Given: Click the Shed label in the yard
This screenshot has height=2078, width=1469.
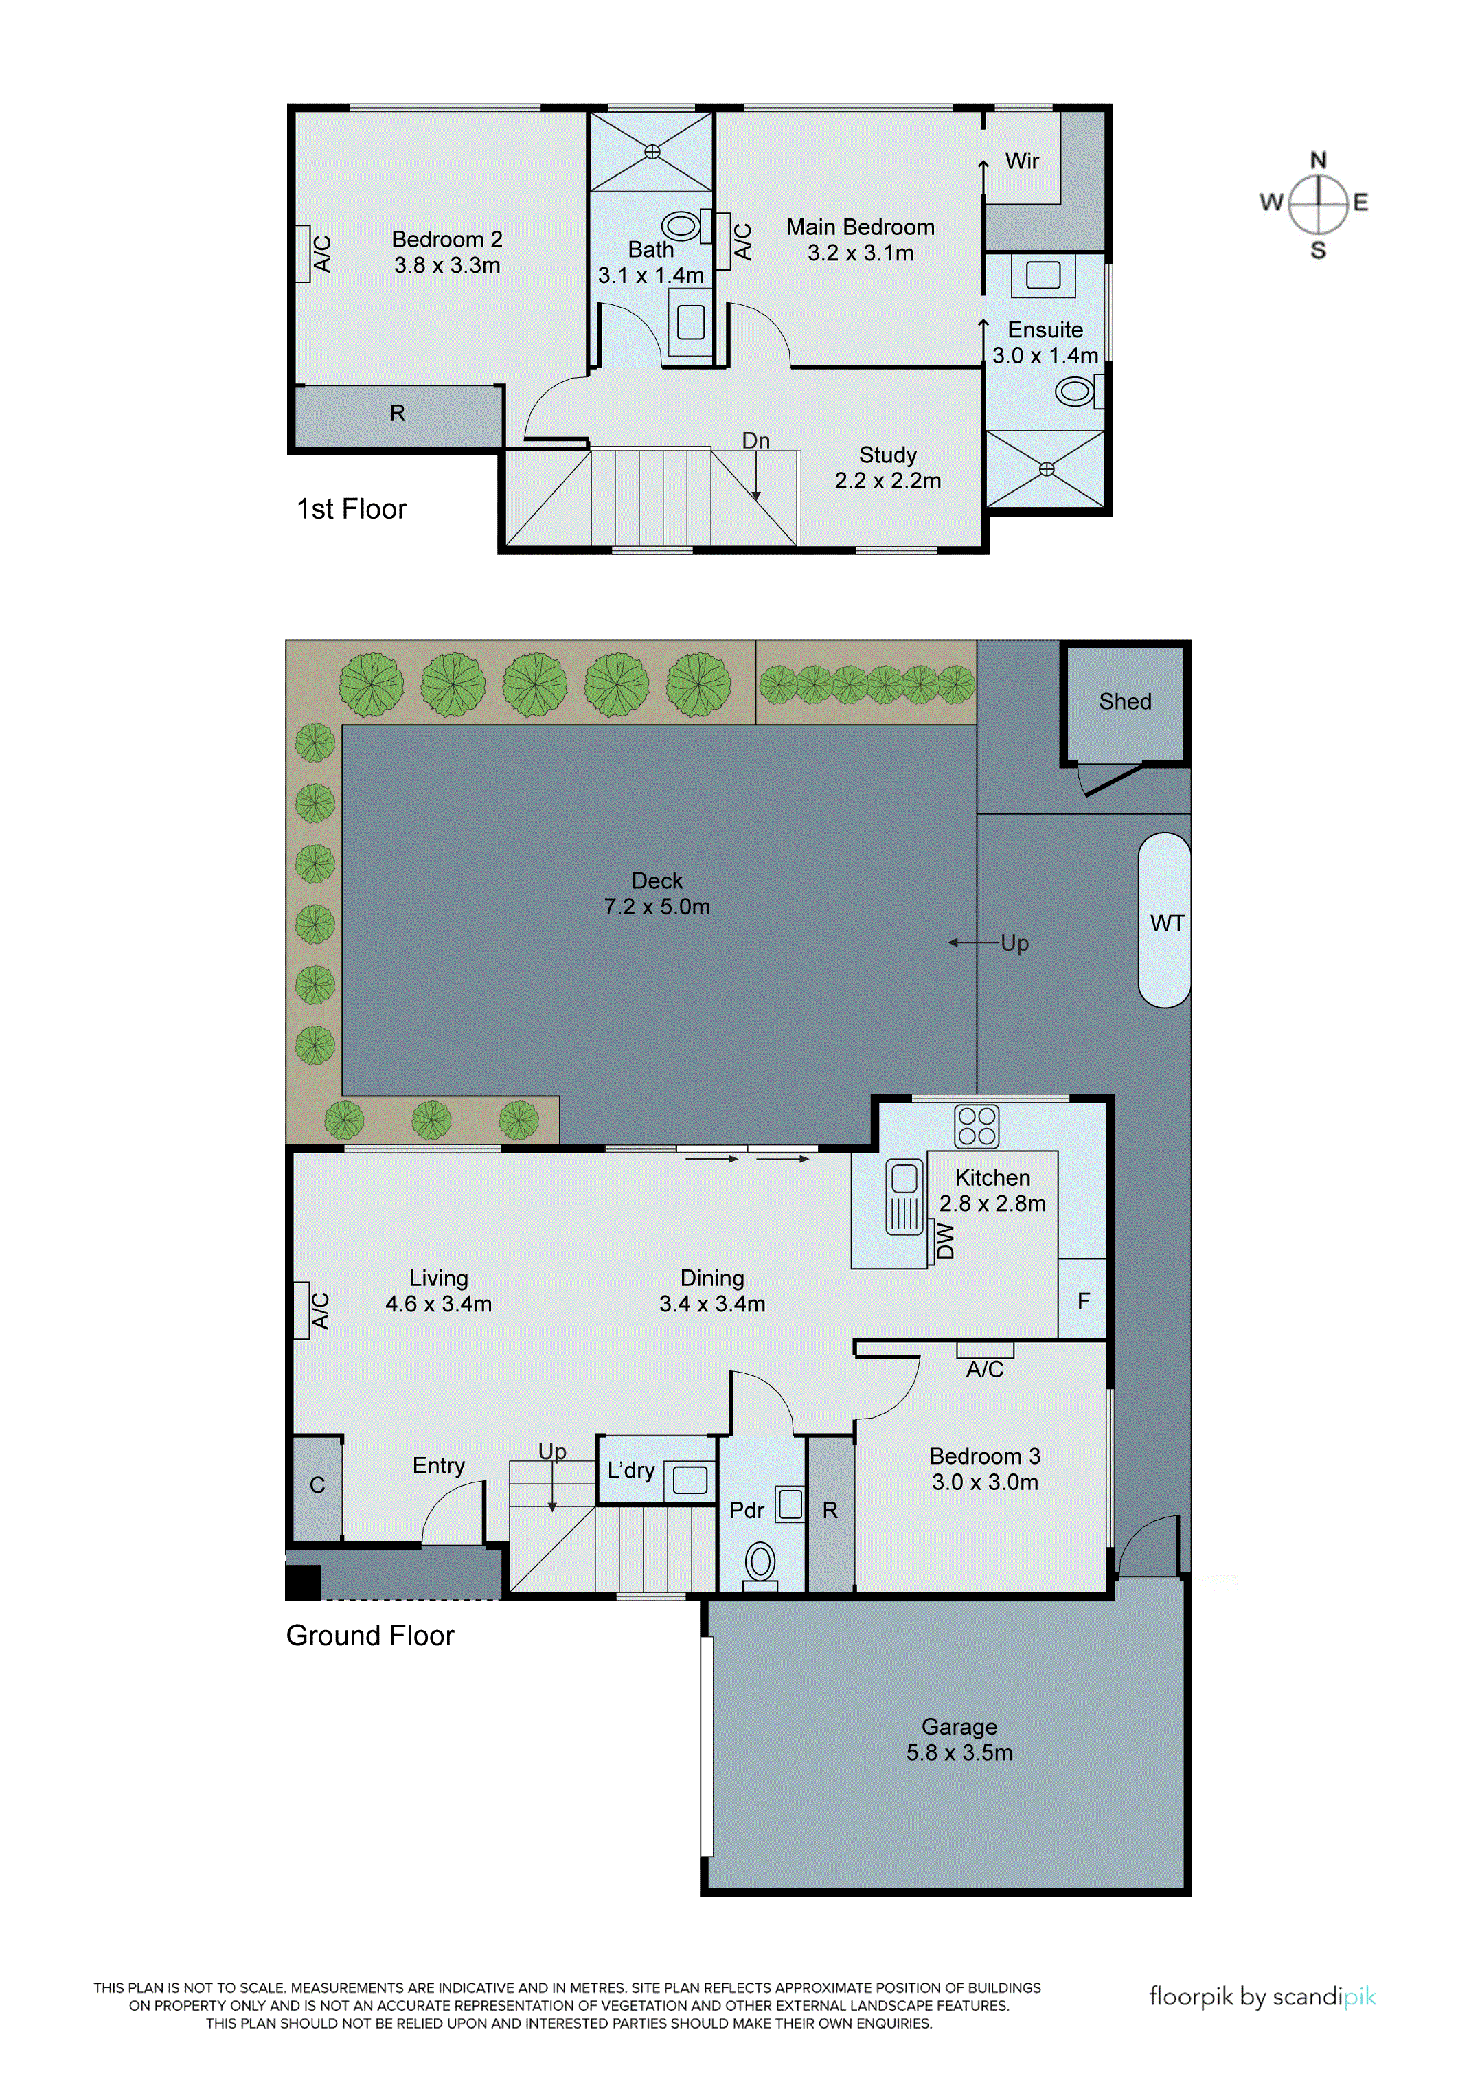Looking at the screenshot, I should tap(1124, 701).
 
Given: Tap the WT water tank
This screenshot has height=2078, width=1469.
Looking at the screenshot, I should tap(1164, 921).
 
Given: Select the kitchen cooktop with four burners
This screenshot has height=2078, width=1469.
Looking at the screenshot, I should tap(976, 1126).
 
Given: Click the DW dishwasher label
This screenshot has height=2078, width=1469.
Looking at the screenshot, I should tap(945, 1241).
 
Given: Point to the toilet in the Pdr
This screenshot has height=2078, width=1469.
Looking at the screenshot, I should tap(760, 1562).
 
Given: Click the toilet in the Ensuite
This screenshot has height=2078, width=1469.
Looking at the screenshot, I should tap(1075, 392).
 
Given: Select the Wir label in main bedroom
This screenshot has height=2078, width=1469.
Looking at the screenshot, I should tap(1021, 161).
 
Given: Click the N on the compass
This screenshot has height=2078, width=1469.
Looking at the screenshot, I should tap(1318, 160).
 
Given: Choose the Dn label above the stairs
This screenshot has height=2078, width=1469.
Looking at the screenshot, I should tap(755, 441).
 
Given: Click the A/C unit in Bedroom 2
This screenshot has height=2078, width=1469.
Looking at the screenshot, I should tap(303, 253).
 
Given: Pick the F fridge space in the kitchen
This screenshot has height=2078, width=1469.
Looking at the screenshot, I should tap(1083, 1300).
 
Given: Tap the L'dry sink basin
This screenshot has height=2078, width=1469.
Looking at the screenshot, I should tap(690, 1480).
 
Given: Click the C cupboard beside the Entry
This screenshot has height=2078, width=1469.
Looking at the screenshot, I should tap(317, 1485).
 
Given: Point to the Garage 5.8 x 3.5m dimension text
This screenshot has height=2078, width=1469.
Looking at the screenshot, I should tap(959, 1753).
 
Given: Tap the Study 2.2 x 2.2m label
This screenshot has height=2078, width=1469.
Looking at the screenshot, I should tap(887, 468).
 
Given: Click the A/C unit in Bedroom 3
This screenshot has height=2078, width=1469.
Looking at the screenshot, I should tap(984, 1351).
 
